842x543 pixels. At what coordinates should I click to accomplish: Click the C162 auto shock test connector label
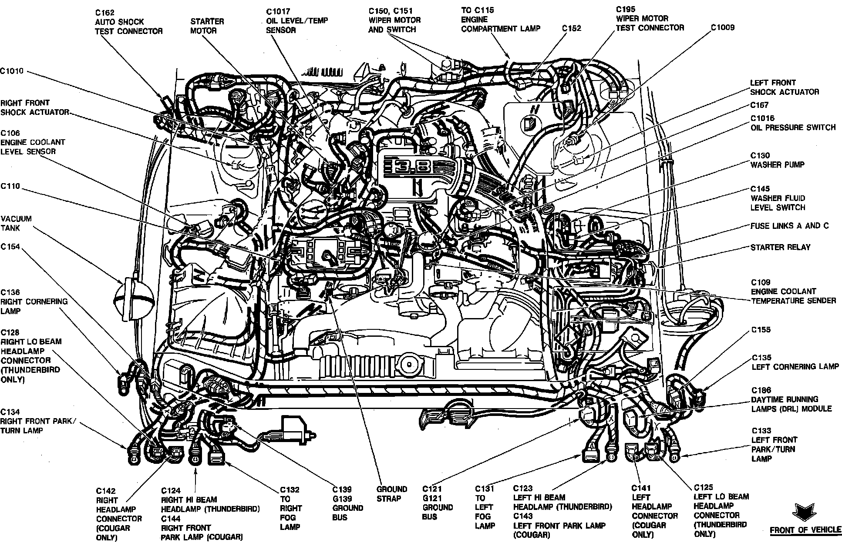(x=128, y=22)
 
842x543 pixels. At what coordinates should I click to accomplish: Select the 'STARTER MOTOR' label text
(x=207, y=26)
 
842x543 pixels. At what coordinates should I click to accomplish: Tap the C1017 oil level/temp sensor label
(x=297, y=20)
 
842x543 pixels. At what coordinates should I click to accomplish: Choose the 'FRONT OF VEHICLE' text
(x=805, y=530)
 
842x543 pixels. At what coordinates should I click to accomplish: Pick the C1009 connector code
(x=722, y=27)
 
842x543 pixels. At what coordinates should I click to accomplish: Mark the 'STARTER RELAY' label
(x=780, y=247)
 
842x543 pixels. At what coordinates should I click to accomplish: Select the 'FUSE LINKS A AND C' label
(x=789, y=226)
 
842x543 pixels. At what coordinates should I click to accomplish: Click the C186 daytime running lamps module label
(x=791, y=399)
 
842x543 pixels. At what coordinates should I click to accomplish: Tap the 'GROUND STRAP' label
(x=391, y=494)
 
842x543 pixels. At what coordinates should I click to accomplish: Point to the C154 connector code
(x=10, y=247)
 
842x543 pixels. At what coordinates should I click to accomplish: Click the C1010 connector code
(x=12, y=71)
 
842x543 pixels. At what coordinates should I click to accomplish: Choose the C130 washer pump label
(x=777, y=160)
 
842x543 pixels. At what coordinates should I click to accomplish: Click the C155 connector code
(x=761, y=329)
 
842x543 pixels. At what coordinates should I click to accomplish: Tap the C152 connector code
(x=571, y=28)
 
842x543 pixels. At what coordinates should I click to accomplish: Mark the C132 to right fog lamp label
(x=290, y=508)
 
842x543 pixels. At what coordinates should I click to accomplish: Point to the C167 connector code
(x=759, y=105)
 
